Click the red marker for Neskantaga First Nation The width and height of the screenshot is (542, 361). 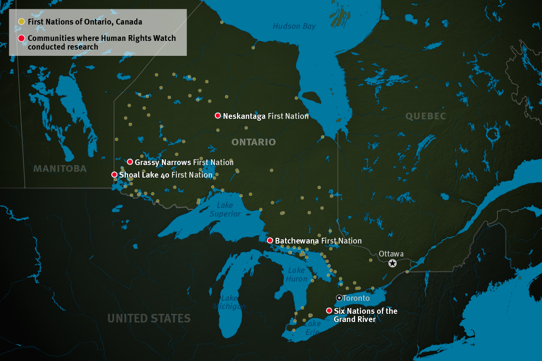pyautogui.click(x=218, y=116)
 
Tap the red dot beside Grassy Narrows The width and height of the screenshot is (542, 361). pyautogui.click(x=130, y=162)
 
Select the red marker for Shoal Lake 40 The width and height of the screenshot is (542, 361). pyautogui.click(x=114, y=175)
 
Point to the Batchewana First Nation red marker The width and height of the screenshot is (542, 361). pyautogui.click(x=270, y=240)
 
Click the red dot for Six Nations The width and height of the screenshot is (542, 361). pyautogui.click(x=329, y=311)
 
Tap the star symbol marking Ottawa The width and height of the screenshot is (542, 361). pyautogui.click(x=393, y=263)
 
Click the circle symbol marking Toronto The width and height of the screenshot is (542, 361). pyautogui.click(x=339, y=298)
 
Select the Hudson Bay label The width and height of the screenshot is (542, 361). pyautogui.click(x=294, y=26)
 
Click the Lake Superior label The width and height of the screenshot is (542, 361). pyautogui.click(x=225, y=209)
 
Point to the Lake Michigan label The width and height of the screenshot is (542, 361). pyautogui.click(x=229, y=302)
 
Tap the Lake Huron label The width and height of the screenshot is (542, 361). pyautogui.click(x=296, y=275)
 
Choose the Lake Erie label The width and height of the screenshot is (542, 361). pyautogui.click(x=312, y=327)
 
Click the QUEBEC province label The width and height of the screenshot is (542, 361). pyautogui.click(x=425, y=116)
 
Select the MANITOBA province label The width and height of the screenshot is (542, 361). pyautogui.click(x=60, y=168)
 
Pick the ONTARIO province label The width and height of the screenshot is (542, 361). pyautogui.click(x=253, y=142)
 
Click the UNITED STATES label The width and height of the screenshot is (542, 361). pyautogui.click(x=149, y=318)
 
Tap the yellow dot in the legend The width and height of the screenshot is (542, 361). pyautogui.click(x=21, y=22)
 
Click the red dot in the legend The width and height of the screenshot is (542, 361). pyautogui.click(x=21, y=39)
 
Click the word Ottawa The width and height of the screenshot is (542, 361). pyautogui.click(x=391, y=254)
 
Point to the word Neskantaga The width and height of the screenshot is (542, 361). pyautogui.click(x=244, y=116)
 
